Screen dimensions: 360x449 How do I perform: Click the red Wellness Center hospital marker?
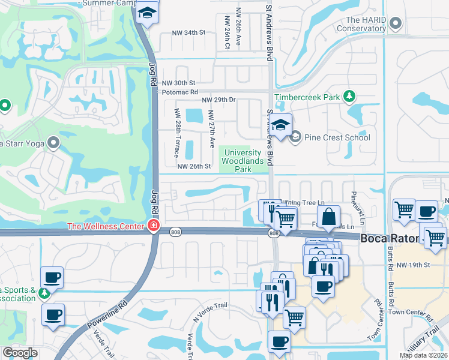click(153, 226)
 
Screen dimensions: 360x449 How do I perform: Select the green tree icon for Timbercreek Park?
click(348, 97)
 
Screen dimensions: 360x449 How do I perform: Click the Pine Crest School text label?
click(337, 137)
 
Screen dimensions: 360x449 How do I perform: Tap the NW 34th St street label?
click(188, 32)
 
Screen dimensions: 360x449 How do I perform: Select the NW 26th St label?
click(194, 166)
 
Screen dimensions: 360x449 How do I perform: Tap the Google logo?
click(20, 353)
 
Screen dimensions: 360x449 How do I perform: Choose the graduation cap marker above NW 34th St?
click(146, 13)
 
